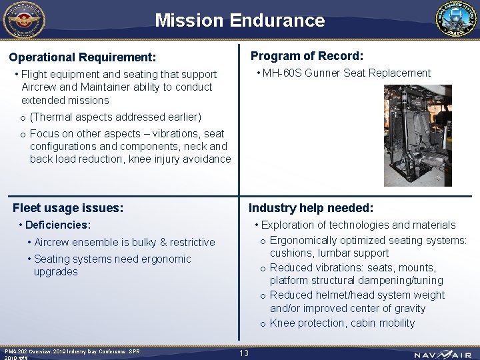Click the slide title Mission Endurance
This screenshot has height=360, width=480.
tap(239, 20)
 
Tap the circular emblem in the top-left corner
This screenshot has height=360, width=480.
tap(23, 20)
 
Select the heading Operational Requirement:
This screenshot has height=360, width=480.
tap(82, 57)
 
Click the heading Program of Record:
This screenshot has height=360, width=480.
tap(307, 56)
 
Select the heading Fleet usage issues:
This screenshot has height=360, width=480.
tap(68, 208)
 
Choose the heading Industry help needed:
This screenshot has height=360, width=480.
tap(311, 208)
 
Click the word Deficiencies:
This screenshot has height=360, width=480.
tap(57, 225)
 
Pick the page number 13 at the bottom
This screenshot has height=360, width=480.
tap(244, 353)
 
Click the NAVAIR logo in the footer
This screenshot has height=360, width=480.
tap(442, 353)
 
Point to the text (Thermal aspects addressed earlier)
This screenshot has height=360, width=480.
tap(115, 117)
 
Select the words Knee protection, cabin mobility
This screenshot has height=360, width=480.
tap(342, 323)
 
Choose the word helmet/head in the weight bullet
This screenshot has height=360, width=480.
tap(344, 295)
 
